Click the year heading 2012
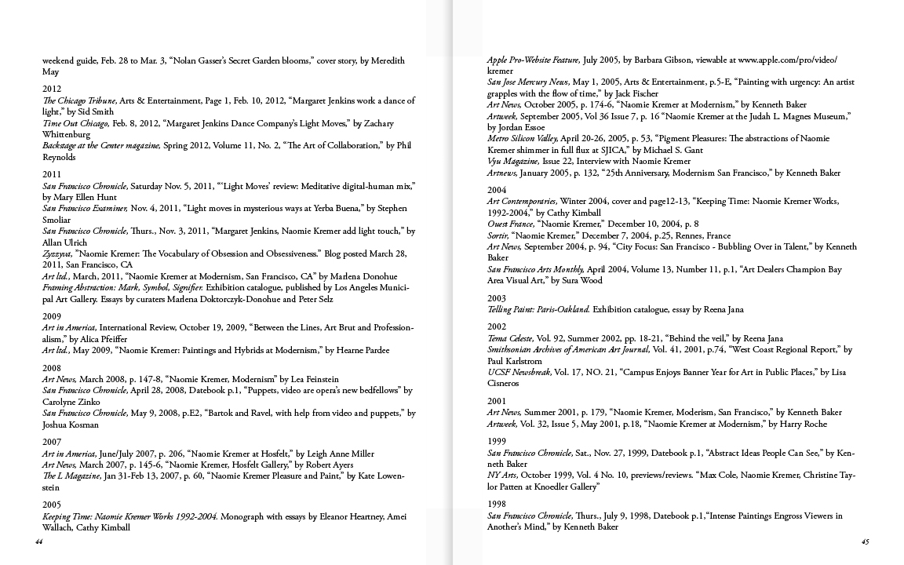[x=52, y=89]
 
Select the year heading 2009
[x=52, y=315]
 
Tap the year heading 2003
[x=496, y=298]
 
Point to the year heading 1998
[x=496, y=505]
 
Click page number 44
[x=38, y=541]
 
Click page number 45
[x=865, y=541]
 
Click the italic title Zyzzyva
[x=56, y=253]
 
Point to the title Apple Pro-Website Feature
[x=534, y=60]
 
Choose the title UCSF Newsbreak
[x=519, y=372]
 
